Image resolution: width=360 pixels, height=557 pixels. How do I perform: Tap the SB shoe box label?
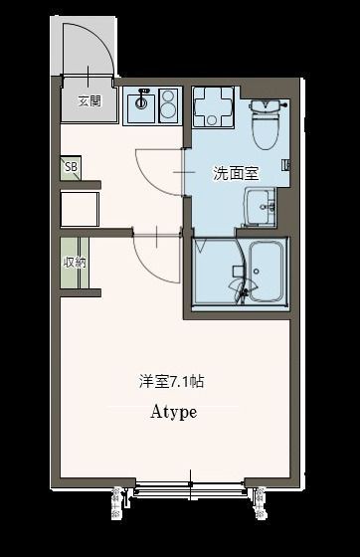click(x=71, y=167)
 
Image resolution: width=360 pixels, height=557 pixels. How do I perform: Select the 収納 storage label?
click(x=74, y=264)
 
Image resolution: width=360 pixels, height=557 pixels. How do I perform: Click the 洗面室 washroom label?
click(x=236, y=172)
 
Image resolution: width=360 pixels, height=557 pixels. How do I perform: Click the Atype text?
click(x=173, y=411)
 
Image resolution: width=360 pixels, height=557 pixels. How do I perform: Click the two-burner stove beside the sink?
click(x=166, y=102)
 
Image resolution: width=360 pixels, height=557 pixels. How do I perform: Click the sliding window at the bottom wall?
click(x=188, y=485)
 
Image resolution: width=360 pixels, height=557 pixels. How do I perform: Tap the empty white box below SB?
click(x=80, y=210)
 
